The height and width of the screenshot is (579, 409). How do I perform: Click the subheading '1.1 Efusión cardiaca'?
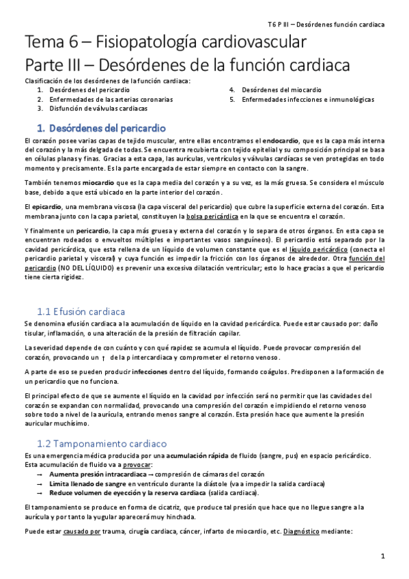[81, 311]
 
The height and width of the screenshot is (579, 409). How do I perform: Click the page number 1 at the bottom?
[384, 556]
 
